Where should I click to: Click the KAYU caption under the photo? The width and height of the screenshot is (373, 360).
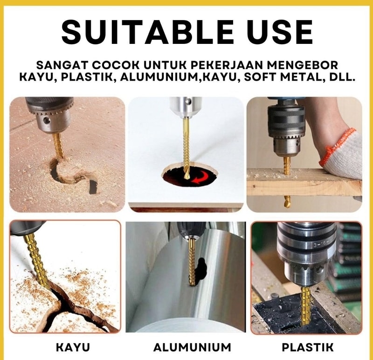73,347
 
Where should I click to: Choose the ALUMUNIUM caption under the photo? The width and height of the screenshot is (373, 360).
192,347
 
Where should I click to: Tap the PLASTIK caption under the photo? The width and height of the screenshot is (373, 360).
308,347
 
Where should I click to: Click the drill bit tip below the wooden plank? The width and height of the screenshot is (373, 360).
286,201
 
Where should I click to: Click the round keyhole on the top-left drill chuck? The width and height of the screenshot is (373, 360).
47,120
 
